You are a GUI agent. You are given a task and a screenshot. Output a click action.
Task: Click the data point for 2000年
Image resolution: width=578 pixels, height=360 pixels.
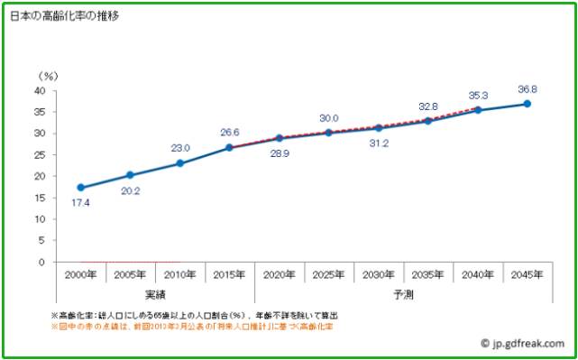(80, 188)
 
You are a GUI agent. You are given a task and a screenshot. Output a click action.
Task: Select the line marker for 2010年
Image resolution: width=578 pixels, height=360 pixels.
(180, 163)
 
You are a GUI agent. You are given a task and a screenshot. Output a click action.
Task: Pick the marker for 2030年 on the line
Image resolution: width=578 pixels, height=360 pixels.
(379, 128)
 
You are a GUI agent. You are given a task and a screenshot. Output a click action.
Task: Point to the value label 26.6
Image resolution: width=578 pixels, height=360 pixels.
(230, 133)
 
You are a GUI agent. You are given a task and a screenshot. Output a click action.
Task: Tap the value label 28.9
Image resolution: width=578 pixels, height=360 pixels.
(280, 154)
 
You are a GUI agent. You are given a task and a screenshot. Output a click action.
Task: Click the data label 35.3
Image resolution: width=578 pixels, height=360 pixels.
(478, 95)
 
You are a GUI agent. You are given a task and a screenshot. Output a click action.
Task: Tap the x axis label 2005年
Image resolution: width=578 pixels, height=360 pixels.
(131, 274)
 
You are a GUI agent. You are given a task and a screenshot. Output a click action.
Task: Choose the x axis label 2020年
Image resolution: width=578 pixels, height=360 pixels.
(280, 274)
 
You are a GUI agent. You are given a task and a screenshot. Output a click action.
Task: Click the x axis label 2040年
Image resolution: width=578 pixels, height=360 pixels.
(478, 274)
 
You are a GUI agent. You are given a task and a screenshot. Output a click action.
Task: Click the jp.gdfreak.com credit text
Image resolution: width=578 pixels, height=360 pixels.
(528, 343)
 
